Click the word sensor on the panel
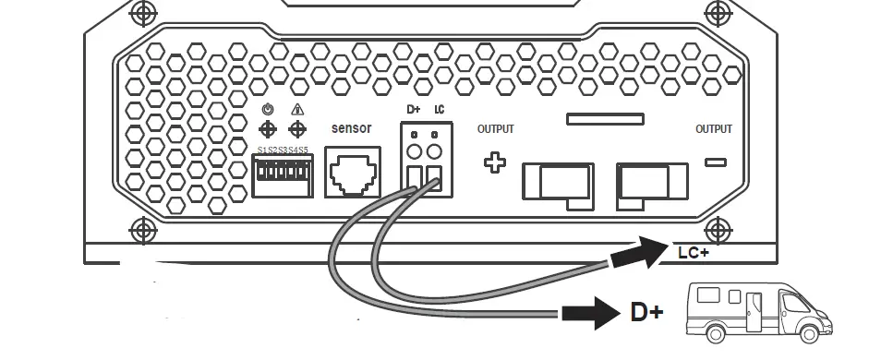point(351,128)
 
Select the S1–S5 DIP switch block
point(283,174)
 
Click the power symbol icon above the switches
point(268,109)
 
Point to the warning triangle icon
point(297,109)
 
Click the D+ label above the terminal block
point(413,109)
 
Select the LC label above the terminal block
point(440,109)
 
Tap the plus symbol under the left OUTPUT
point(496,163)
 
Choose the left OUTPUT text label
point(495,129)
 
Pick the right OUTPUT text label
point(714,129)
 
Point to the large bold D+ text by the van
point(646,313)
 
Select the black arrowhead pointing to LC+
point(646,251)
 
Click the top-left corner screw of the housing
point(141,13)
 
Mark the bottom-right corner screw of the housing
point(717,228)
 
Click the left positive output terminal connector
point(557,180)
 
